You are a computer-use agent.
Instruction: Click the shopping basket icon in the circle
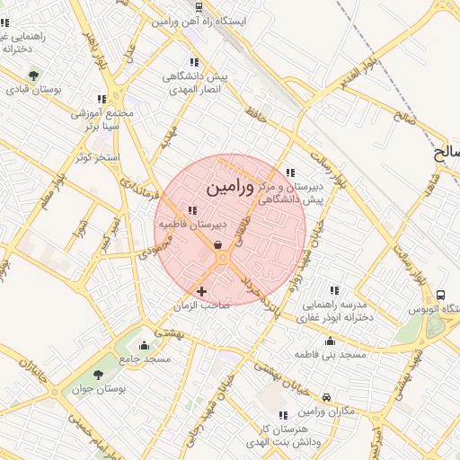tap(218, 243)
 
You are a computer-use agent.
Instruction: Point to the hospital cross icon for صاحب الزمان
tap(201, 291)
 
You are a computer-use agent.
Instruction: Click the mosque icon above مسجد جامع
tap(143, 345)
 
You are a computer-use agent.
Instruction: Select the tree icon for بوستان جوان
tap(98, 376)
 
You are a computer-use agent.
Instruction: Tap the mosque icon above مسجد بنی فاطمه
tap(331, 341)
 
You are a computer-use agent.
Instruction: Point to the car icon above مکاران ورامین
tap(327, 397)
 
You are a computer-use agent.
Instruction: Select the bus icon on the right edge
tap(440, 295)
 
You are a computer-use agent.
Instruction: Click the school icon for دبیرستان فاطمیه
tap(193, 210)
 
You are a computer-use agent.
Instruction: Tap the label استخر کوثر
tap(98, 157)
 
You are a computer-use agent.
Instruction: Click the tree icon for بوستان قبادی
tap(34, 75)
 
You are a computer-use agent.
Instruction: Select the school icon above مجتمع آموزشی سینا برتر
tap(102, 99)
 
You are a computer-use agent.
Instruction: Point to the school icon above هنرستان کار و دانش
tap(283, 415)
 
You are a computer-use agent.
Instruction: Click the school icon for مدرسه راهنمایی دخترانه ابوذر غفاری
tap(334, 290)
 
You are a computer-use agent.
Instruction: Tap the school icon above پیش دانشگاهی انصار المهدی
tap(193, 63)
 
